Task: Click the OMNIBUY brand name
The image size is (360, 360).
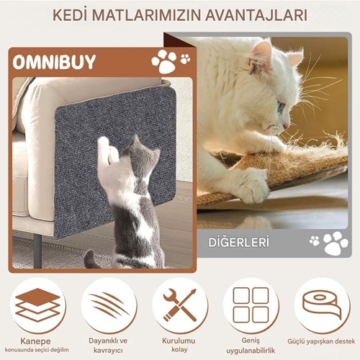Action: coord(54,62)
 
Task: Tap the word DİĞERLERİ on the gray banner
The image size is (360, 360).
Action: coord(238,243)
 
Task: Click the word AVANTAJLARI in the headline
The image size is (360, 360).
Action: coord(256,15)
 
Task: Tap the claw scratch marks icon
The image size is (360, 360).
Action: coord(109,305)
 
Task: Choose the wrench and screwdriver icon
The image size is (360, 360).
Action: coord(180,305)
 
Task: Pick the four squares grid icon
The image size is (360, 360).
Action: coord(251,305)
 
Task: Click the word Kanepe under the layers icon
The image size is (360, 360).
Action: coord(35,341)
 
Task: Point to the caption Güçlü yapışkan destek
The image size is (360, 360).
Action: coord(321,341)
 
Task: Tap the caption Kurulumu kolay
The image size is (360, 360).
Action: coord(179,345)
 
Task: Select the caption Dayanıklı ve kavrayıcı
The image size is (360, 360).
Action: coord(108,345)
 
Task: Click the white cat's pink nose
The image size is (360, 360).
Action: coord(287,126)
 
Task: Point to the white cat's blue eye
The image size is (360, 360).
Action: coord(280,107)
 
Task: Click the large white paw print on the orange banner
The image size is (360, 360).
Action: coord(164,61)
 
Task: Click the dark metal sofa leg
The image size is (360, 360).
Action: coord(37,251)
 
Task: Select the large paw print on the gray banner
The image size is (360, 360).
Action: coord(336,243)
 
